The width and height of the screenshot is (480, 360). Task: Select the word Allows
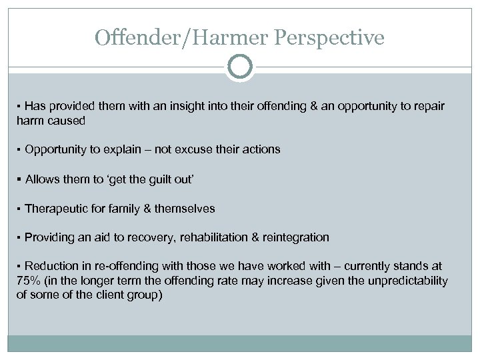[40, 179]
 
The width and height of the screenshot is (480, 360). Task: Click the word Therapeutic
[56, 209]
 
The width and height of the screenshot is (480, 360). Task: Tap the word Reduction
[51, 267]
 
